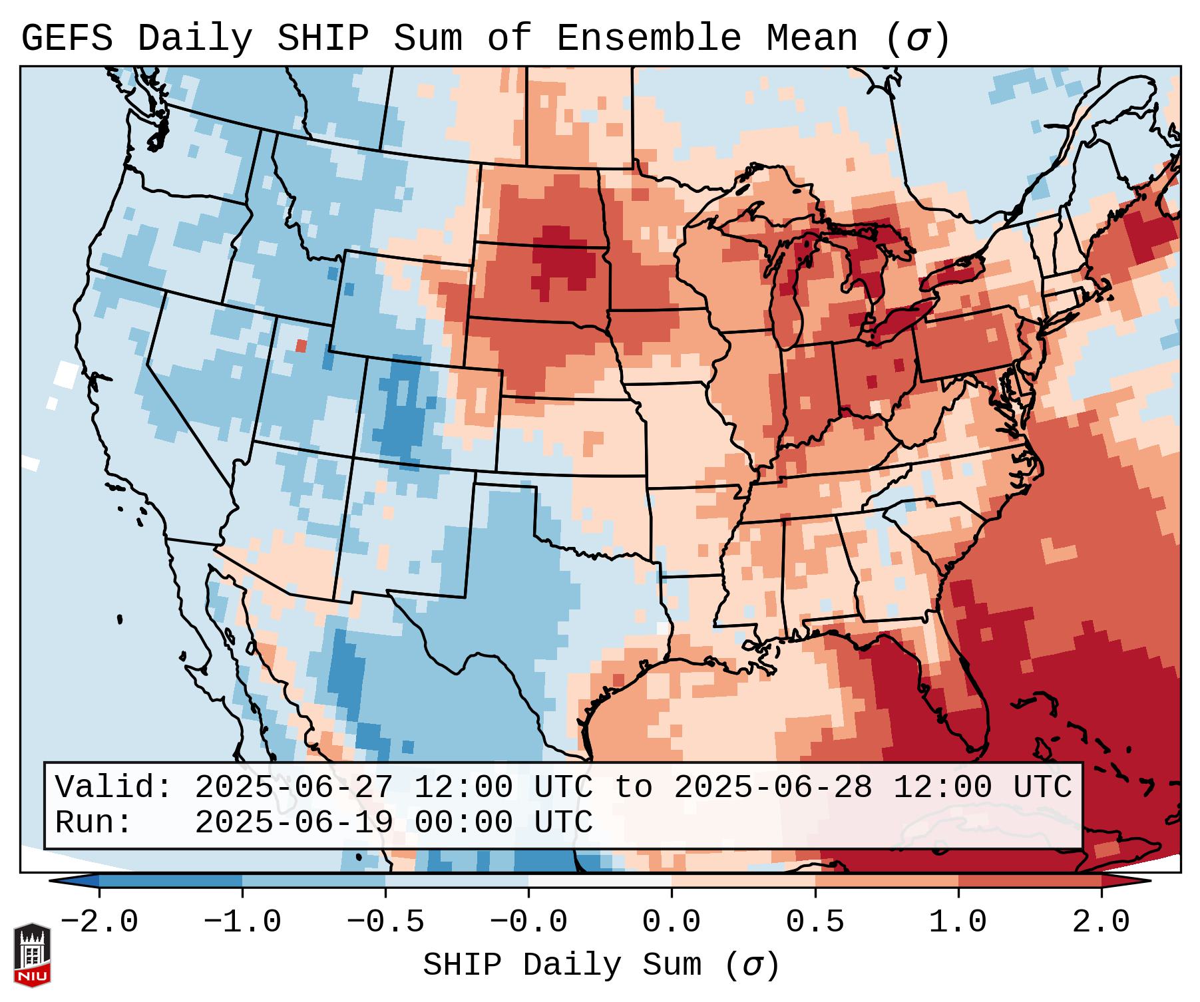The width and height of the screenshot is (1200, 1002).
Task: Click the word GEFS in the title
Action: point(67,39)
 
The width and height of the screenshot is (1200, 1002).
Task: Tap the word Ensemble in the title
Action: point(648,39)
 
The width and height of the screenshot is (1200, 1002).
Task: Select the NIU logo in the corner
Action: point(32,955)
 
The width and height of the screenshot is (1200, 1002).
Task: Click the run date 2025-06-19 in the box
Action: point(294,823)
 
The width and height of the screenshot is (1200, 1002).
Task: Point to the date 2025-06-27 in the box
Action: point(294,788)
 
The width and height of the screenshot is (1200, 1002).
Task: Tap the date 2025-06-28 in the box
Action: point(773,788)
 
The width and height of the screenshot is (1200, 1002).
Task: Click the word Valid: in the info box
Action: point(114,788)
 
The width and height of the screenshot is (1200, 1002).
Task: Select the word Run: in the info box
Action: point(94,823)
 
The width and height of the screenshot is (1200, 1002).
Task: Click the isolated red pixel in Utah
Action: point(301,346)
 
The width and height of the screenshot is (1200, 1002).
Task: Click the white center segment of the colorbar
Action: point(600,881)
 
